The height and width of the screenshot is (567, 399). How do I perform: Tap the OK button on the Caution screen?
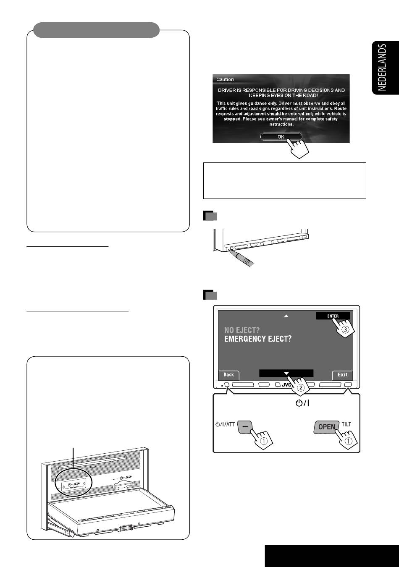(x=281, y=137)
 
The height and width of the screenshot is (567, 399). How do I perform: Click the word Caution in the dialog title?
(x=225, y=79)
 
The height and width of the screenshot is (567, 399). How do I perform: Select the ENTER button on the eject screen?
(x=333, y=316)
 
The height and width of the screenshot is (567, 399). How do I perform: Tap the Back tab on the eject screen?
(x=229, y=375)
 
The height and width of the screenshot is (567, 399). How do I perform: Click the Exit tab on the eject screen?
(x=342, y=375)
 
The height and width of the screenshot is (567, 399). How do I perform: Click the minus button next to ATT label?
(x=245, y=427)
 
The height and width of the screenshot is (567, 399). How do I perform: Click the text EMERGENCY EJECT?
(x=258, y=339)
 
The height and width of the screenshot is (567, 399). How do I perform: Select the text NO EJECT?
(x=242, y=330)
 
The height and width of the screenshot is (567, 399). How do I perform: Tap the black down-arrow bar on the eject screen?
(x=286, y=374)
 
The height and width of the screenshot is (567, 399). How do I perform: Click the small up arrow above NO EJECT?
(x=286, y=316)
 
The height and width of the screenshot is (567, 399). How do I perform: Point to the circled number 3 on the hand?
(x=345, y=330)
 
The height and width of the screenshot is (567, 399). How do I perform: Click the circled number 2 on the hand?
(x=300, y=388)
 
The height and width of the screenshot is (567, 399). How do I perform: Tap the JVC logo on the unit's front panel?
(x=286, y=385)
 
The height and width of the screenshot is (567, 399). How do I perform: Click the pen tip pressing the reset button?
(x=230, y=250)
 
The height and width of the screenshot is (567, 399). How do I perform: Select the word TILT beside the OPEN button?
(x=346, y=424)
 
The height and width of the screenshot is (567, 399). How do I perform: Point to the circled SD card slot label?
(x=74, y=484)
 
